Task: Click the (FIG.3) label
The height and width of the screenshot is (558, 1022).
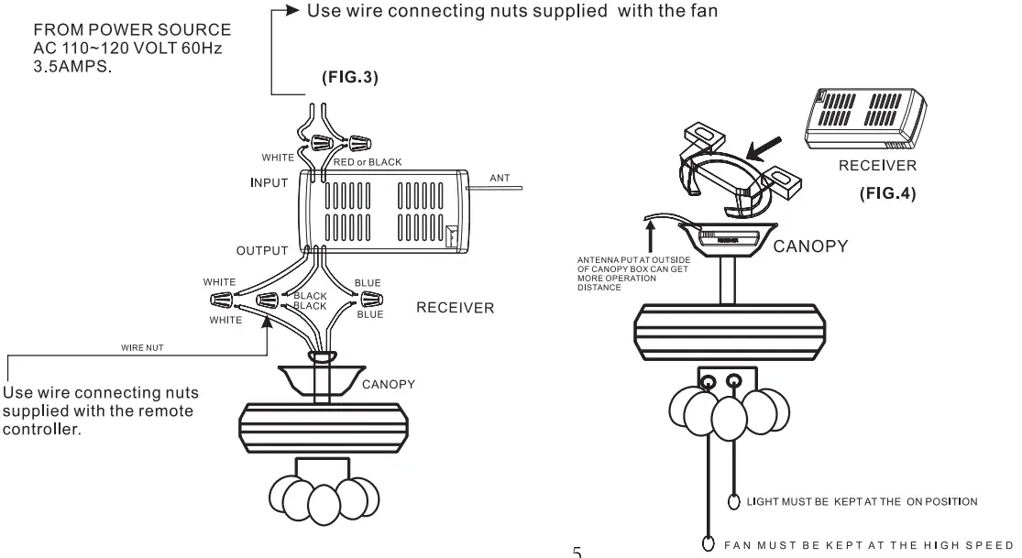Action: click(x=350, y=78)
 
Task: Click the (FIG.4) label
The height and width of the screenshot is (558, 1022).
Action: click(x=887, y=194)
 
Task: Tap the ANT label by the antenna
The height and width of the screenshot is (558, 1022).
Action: click(x=499, y=178)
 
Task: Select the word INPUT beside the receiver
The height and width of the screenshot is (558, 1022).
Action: click(x=269, y=182)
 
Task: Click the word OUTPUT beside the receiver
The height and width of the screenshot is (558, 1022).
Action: click(x=262, y=251)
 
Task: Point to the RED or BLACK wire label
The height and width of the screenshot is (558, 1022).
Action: click(x=367, y=162)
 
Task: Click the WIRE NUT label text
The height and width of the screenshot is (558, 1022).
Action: click(x=142, y=348)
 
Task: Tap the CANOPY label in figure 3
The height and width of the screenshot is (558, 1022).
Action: click(x=388, y=384)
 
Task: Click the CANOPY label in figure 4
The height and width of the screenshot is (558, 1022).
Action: click(x=811, y=246)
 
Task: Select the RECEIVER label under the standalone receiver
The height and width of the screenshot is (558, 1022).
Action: click(x=877, y=166)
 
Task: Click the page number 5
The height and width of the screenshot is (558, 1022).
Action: click(x=577, y=552)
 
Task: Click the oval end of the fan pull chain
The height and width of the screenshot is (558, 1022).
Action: click(x=708, y=542)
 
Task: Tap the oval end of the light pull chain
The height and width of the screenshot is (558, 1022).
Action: click(x=733, y=501)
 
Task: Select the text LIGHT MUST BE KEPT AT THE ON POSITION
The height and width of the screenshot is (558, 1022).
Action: click(x=862, y=501)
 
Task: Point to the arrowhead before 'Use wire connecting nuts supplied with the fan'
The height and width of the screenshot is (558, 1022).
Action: click(x=293, y=12)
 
